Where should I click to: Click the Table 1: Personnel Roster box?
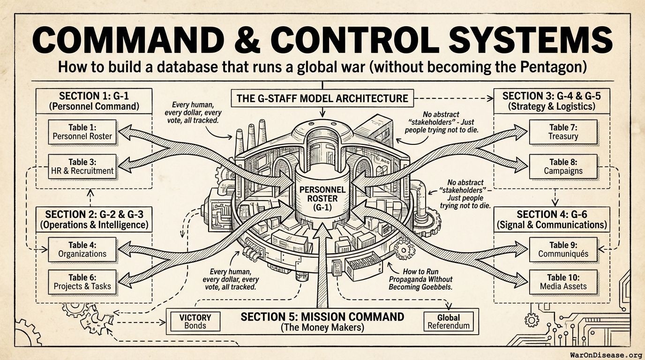coord(82,132)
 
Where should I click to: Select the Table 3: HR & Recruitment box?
coord(82,166)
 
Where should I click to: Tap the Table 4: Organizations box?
coord(82,249)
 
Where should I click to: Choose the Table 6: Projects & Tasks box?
coord(82,281)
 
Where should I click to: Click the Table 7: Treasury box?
coord(563,132)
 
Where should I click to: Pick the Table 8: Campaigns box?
coord(563,166)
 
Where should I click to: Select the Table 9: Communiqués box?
coord(563,249)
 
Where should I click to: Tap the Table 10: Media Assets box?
coord(563,281)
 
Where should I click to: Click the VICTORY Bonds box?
coord(195,321)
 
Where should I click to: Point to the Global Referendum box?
coord(448,321)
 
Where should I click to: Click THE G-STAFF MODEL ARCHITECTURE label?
coord(322,98)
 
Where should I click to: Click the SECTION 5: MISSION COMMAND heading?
coord(322,316)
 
